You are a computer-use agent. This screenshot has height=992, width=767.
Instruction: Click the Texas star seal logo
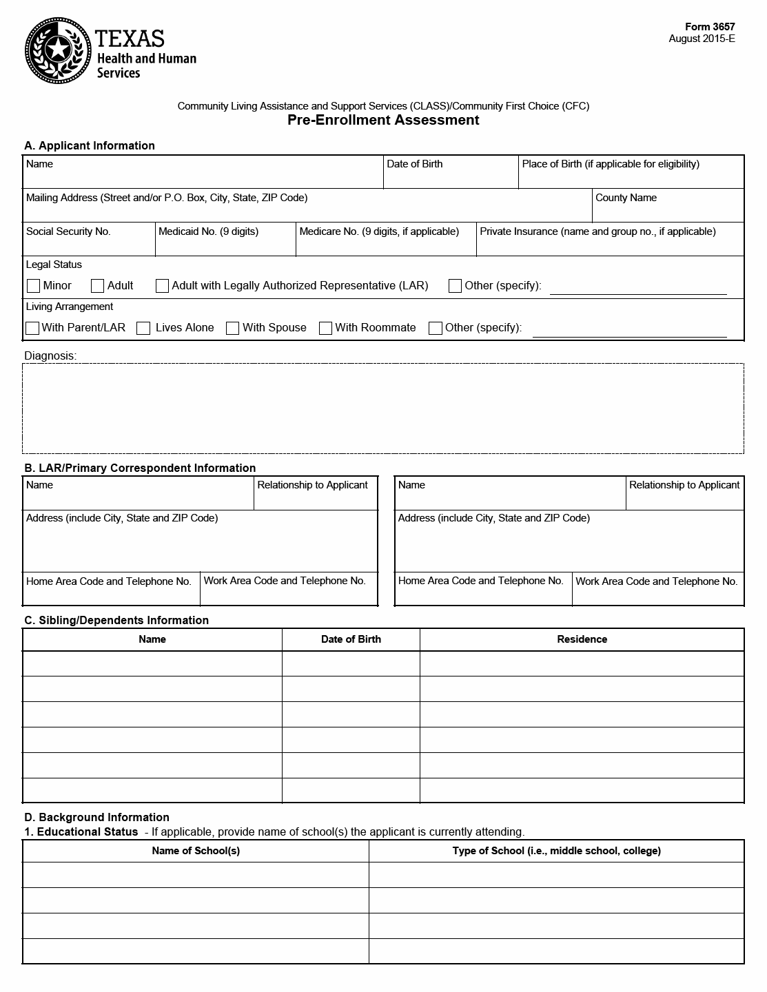click(x=58, y=50)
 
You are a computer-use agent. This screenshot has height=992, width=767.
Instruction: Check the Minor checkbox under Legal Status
click(x=33, y=286)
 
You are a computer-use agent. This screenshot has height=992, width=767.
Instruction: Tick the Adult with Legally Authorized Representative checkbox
click(x=163, y=286)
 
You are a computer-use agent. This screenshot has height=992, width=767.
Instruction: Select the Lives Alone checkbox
click(x=143, y=328)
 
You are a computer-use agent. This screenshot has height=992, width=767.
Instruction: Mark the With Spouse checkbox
click(x=233, y=328)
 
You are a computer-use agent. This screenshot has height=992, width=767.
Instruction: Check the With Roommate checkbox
click(x=326, y=328)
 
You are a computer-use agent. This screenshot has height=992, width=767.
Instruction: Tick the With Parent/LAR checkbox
click(x=32, y=328)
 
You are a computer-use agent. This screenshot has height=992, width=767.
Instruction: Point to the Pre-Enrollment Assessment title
click(x=383, y=120)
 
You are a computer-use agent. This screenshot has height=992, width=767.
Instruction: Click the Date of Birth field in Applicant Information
click(x=450, y=176)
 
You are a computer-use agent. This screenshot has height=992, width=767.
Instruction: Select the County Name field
click(x=668, y=210)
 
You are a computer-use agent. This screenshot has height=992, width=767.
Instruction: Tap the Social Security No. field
click(x=89, y=244)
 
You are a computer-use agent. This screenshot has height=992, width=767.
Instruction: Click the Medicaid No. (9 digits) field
click(x=225, y=244)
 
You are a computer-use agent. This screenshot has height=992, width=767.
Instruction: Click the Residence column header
click(x=582, y=639)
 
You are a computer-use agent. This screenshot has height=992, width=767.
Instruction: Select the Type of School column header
click(x=556, y=851)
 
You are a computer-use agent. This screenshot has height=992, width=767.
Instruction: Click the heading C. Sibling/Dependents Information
click(x=116, y=620)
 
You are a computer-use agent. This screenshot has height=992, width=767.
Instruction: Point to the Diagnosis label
click(x=50, y=356)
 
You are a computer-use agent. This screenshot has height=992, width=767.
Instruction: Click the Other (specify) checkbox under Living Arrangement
click(x=436, y=328)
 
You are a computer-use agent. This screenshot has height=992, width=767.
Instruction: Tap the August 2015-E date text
click(x=702, y=39)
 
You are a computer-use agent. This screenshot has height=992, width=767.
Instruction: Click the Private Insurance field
click(x=610, y=244)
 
